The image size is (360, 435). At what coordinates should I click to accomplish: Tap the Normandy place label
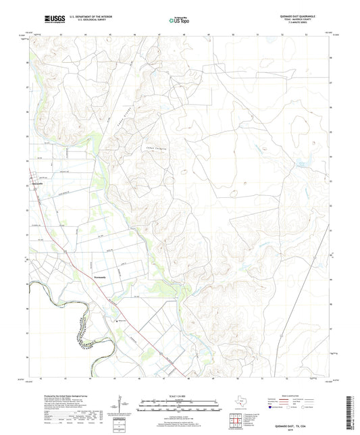[x=99, y=275]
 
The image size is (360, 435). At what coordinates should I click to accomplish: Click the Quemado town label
[x=38, y=183]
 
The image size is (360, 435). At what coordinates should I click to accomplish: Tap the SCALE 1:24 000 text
[x=180, y=394]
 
